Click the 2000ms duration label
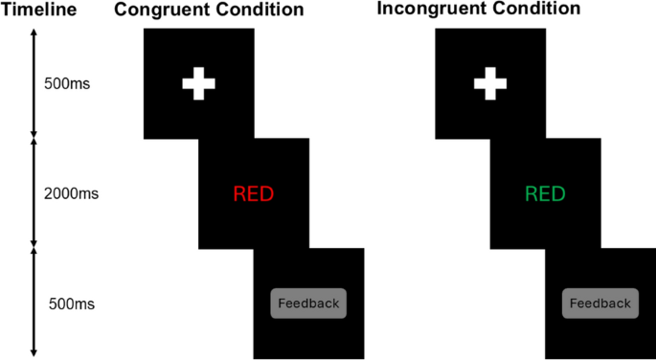(x=71, y=194)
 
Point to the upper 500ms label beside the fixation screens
(x=67, y=83)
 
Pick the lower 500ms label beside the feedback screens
(x=72, y=305)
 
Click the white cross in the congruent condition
(x=198, y=83)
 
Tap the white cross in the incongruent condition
(x=489, y=83)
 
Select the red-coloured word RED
(x=253, y=194)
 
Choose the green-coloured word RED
(x=545, y=194)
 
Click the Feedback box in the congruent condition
(x=307, y=304)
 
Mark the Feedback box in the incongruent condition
(x=600, y=304)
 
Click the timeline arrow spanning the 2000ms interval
(x=34, y=194)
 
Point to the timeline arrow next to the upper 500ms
(x=34, y=83)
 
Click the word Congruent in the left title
(x=157, y=11)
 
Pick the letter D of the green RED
(x=557, y=194)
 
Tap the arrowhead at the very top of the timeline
(x=34, y=32)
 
